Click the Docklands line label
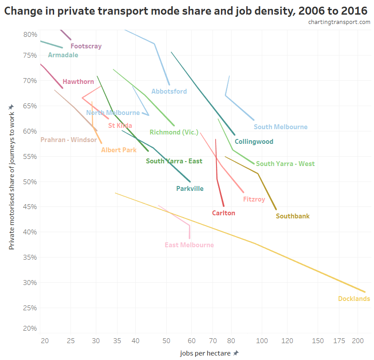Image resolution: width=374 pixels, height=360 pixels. pyautogui.click(x=354, y=299)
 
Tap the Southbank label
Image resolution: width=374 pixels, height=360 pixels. pyautogui.click(x=292, y=217)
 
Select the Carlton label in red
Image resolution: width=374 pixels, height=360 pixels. pyautogui.click(x=224, y=213)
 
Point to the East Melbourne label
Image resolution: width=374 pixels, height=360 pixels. pyautogui.click(x=189, y=245)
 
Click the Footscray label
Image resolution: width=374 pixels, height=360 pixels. pyautogui.click(x=86, y=46)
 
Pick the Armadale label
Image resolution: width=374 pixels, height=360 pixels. pyautogui.click(x=63, y=55)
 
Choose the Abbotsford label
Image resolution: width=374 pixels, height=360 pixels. pyautogui.click(x=169, y=91)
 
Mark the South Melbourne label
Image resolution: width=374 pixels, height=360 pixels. pyautogui.click(x=280, y=127)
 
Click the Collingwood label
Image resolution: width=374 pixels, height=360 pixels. pyautogui.click(x=254, y=142)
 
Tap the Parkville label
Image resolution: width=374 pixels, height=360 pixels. pyautogui.click(x=190, y=189)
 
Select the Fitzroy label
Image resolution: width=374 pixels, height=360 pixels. pyautogui.click(x=254, y=199)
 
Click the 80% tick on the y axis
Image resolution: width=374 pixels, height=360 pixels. pyautogui.click(x=30, y=34)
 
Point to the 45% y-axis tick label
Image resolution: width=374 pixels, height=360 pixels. pyautogui.click(x=30, y=206)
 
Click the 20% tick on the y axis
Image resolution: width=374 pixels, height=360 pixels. pyautogui.click(x=30, y=328)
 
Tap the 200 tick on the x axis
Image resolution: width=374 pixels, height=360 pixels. pyautogui.click(x=358, y=341)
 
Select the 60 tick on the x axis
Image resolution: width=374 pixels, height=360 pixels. pyautogui.click(x=191, y=341)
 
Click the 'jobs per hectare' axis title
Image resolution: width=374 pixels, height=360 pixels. pyautogui.click(x=206, y=353)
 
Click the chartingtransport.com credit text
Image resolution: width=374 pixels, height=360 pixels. pyautogui.click(x=339, y=22)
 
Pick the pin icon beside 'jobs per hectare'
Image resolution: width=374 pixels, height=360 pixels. pyautogui.click(x=236, y=353)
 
